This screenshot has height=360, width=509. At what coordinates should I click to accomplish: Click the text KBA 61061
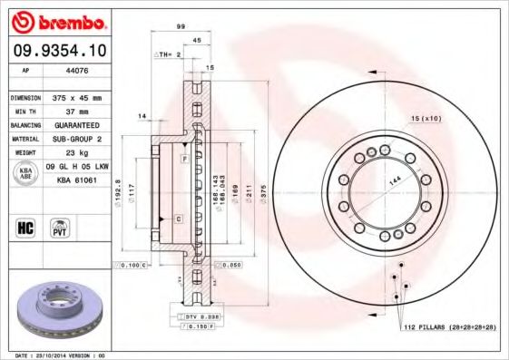click(76, 180)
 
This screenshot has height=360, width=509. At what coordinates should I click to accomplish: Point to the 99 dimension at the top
click(181, 28)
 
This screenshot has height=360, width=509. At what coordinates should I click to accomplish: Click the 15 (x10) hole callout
click(426, 119)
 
